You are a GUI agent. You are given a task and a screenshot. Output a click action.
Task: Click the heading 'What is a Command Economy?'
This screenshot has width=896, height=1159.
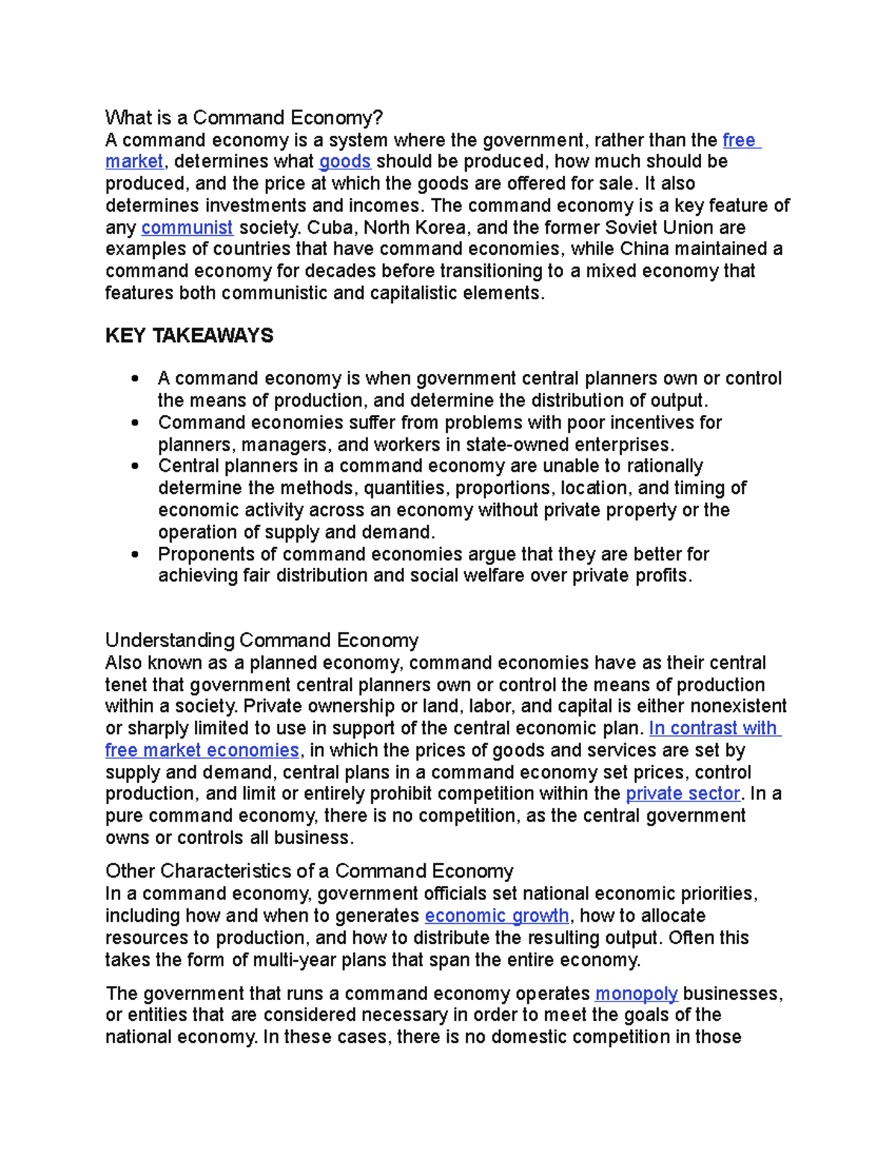[243, 118]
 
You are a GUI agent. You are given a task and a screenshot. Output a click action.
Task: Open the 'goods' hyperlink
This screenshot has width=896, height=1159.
[344, 162]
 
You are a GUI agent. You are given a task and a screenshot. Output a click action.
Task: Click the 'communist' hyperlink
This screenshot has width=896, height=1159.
[187, 228]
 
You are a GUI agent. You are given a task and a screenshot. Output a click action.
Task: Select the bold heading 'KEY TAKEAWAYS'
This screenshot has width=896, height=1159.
[189, 336]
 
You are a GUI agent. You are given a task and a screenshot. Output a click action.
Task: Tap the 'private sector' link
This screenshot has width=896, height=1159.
[682, 794]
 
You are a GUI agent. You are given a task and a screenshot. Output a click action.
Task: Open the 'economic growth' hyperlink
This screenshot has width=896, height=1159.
[497, 916]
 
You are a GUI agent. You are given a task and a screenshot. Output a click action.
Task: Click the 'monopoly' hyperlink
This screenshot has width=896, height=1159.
[636, 994]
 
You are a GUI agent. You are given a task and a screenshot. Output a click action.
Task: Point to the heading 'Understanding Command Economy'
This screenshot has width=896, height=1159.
[261, 641]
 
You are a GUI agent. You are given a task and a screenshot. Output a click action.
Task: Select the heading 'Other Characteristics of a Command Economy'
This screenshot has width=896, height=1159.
[309, 872]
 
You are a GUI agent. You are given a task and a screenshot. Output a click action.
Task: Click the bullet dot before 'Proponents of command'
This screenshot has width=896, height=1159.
[134, 555]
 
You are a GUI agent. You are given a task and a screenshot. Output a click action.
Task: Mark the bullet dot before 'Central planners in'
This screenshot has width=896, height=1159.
[134, 467]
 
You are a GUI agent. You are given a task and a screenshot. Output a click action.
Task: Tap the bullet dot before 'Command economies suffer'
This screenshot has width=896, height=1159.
[134, 423]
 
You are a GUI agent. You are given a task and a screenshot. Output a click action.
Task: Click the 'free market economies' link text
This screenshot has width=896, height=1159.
[202, 751]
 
